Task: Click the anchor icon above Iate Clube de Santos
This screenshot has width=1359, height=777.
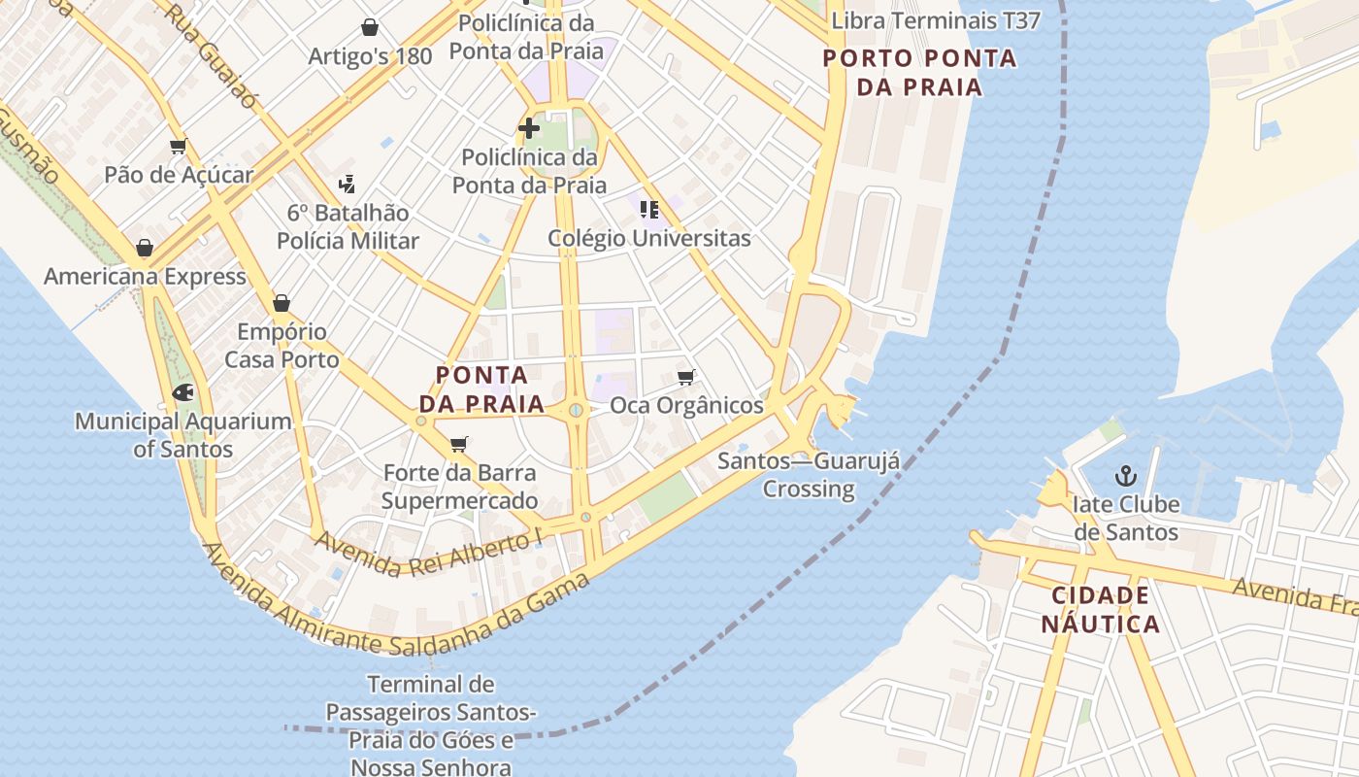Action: tap(1125, 476)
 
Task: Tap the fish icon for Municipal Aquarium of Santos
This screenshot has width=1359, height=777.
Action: tap(182, 393)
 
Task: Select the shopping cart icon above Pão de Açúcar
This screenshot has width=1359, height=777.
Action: tap(178, 147)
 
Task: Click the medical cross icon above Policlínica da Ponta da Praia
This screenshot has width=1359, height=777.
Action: tap(528, 127)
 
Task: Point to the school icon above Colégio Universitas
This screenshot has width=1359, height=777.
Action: tap(649, 209)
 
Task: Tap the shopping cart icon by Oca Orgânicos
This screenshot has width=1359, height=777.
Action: tap(686, 377)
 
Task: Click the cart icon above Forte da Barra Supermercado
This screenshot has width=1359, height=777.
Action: tap(459, 444)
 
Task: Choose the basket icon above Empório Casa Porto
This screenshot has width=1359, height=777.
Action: tap(282, 303)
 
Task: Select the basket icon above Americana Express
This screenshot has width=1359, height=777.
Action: tap(145, 248)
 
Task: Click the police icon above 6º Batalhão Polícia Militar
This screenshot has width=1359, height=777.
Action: tap(347, 184)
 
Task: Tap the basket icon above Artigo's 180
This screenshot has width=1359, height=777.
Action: tap(369, 27)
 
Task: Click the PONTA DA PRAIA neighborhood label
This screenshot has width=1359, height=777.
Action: tap(482, 388)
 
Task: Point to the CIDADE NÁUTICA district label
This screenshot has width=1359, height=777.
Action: tap(1101, 609)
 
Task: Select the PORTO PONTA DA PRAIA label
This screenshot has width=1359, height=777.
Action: tap(919, 73)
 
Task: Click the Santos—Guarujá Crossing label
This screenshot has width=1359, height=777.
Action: tap(808, 474)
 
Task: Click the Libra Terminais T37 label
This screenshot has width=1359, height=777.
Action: tap(936, 20)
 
